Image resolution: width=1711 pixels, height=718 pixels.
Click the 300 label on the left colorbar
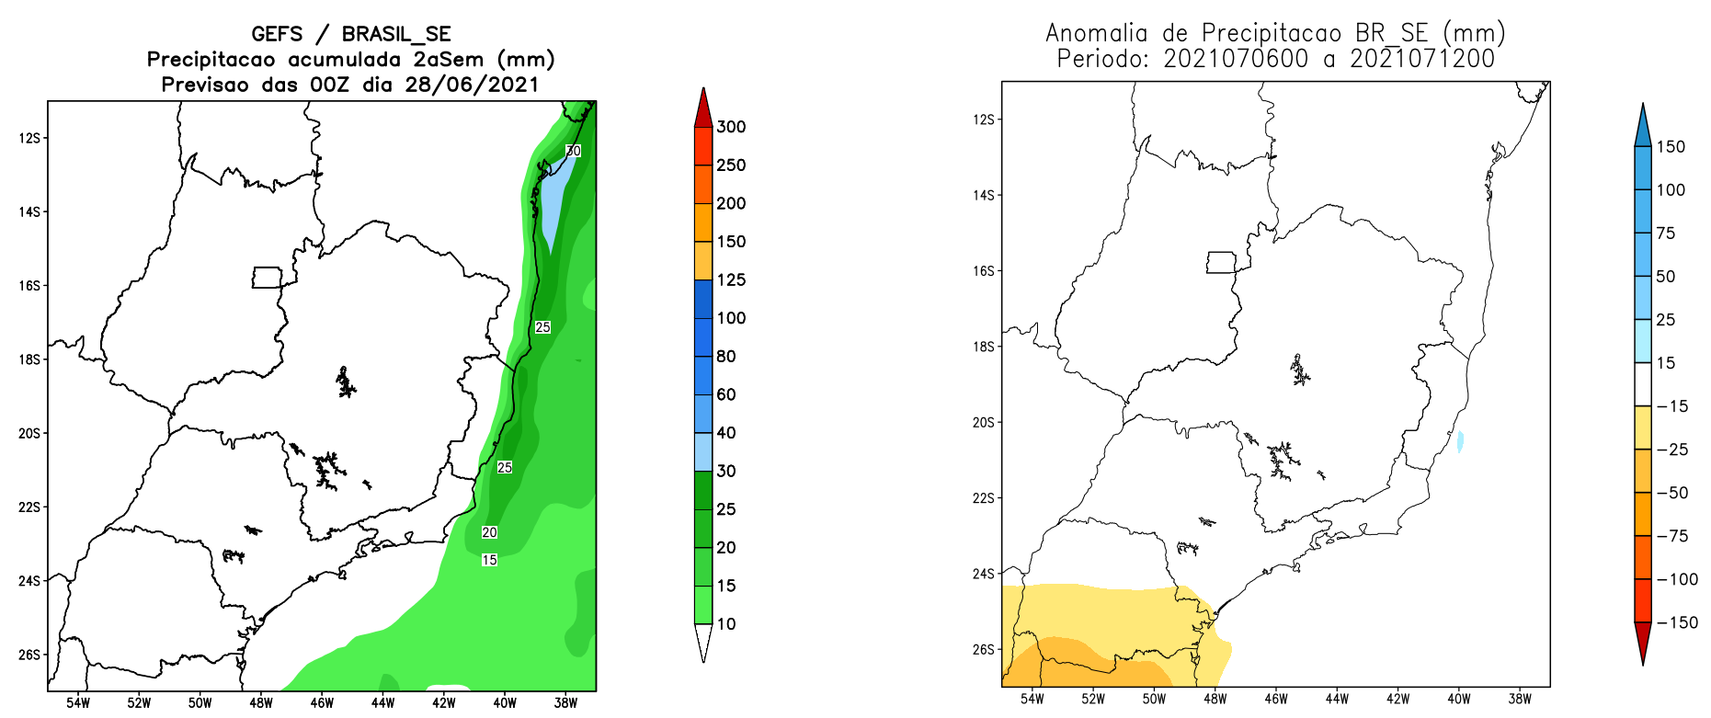[x=731, y=127]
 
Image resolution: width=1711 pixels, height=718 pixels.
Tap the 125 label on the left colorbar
[x=731, y=279]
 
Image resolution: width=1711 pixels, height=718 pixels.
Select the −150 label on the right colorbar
[x=1677, y=622]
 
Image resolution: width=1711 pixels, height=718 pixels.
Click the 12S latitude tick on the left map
[x=29, y=138]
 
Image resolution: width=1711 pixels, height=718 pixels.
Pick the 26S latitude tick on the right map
[x=984, y=649]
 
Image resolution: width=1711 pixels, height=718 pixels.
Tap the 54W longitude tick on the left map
[x=78, y=703]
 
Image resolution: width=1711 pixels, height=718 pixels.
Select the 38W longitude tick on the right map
[x=1519, y=699]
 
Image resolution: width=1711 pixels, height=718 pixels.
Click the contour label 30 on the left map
[x=573, y=151]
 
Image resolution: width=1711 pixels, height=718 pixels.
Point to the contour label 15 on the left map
[x=489, y=560]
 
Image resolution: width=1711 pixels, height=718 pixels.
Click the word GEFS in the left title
[x=277, y=34]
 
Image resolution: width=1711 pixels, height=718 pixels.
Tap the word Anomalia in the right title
[x=1097, y=33]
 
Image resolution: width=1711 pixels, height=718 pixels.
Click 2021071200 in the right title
[x=1421, y=59]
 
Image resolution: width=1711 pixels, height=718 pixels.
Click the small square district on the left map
[x=267, y=278]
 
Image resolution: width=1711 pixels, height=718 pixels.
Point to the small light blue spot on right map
[x=1460, y=442]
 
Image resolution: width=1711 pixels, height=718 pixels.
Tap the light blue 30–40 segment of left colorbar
[x=703, y=451]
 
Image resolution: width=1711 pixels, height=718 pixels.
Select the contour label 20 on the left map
[x=489, y=532]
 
